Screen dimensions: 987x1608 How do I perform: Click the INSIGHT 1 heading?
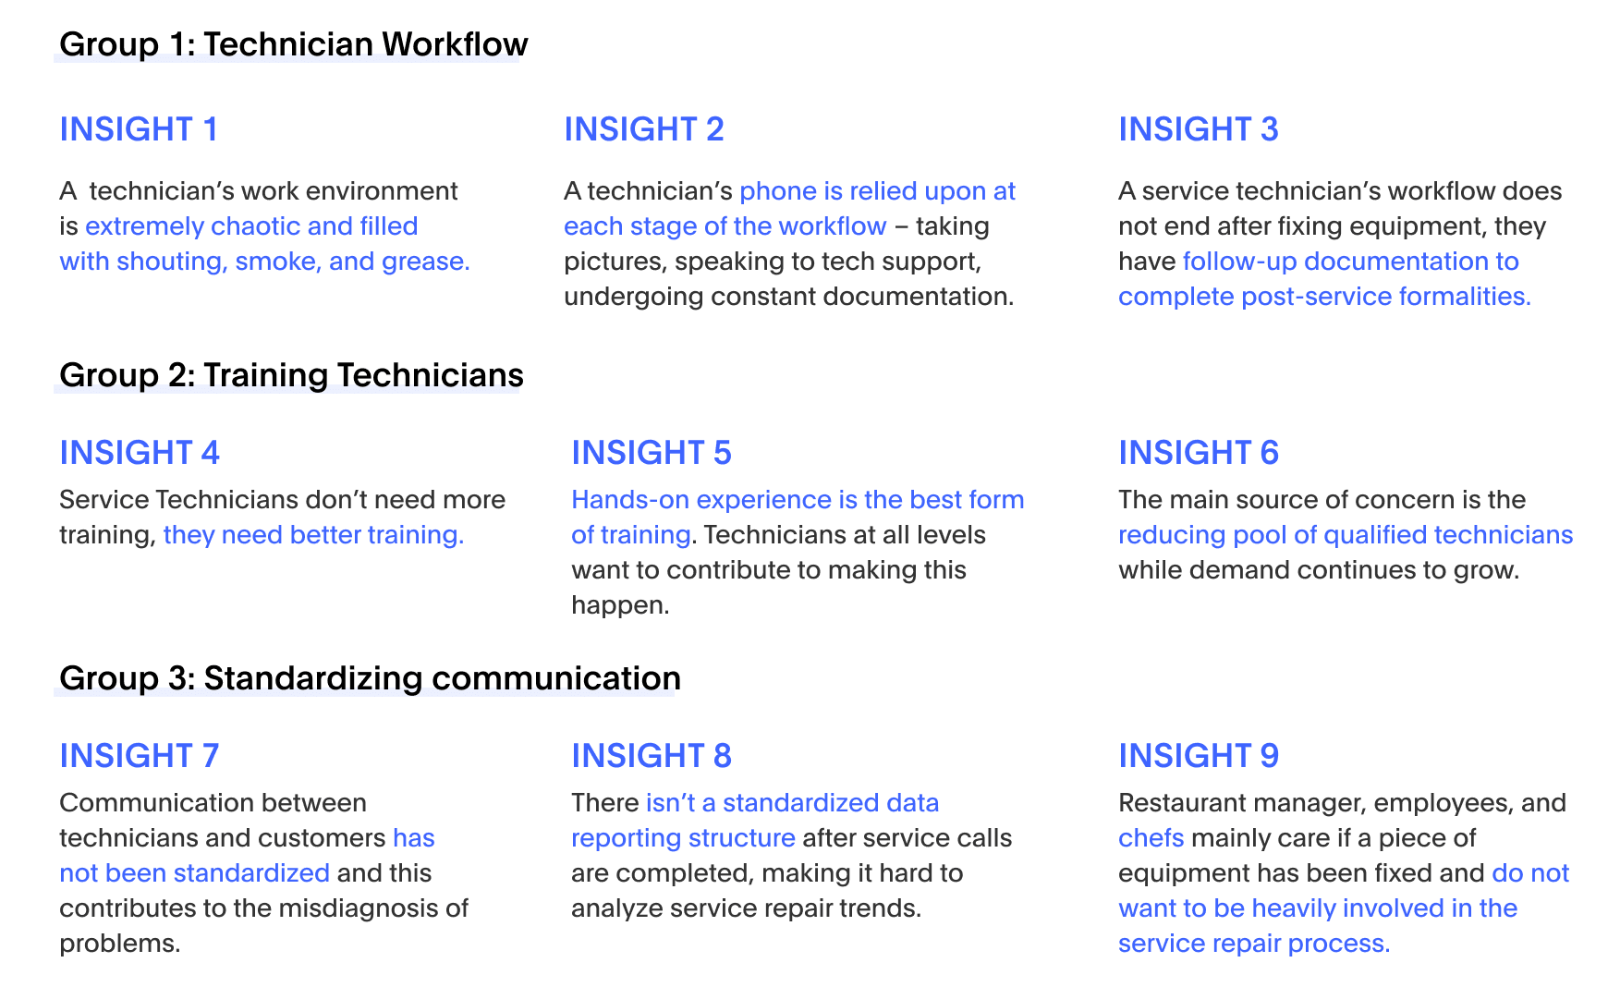point(139,129)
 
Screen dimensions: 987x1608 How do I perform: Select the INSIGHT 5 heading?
point(651,453)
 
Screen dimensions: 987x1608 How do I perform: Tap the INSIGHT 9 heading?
point(1198,756)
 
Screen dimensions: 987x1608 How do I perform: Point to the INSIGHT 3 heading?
point(1198,129)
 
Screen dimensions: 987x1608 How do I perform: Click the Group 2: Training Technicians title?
point(291,375)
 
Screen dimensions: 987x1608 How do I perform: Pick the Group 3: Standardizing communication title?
point(370,678)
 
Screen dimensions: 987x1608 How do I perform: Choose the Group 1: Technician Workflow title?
point(293,44)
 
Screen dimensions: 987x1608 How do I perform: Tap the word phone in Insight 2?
point(778,191)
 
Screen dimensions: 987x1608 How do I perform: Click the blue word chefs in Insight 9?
point(1151,838)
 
